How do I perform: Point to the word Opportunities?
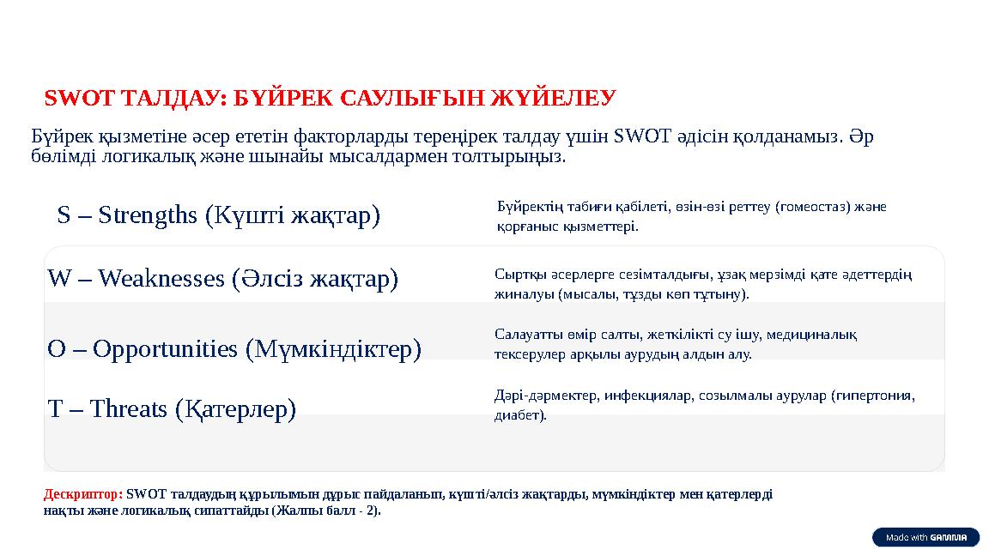[x=165, y=349]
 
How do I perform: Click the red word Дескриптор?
[x=82, y=494]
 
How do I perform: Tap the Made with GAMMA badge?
[x=925, y=537]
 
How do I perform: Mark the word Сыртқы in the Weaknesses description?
[x=515, y=275]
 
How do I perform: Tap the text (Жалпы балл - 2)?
[x=325, y=511]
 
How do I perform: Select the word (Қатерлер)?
[x=235, y=409]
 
